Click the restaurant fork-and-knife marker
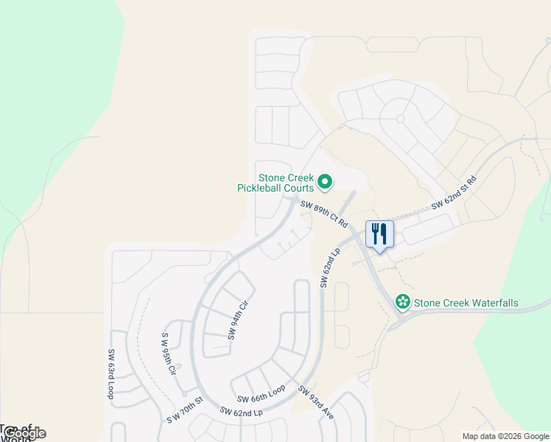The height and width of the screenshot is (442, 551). point(379,235)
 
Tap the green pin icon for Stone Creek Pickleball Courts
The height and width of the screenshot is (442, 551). point(324,180)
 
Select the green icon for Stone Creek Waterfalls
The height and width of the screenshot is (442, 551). point(403,302)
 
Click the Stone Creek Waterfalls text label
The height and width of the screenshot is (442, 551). point(466,303)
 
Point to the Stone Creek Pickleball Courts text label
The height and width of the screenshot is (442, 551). point(275,183)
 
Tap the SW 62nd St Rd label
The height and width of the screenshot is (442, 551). point(454,191)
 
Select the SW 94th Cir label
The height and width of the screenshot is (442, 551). point(236,320)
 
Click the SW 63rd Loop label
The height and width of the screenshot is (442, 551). point(112,374)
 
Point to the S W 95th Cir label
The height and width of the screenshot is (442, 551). point(169,354)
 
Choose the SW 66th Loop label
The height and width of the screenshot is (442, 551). point(261,393)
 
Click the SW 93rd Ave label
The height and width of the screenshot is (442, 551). point(316,403)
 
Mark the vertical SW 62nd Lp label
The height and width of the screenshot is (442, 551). point(329,267)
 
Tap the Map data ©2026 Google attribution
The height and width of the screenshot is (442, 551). point(505,436)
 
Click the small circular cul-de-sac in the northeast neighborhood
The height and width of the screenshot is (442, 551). point(401,118)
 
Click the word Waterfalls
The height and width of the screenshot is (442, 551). point(491,303)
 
